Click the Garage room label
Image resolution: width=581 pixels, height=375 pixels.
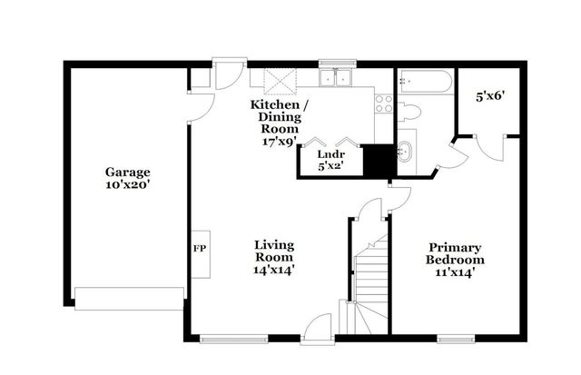tap(126, 172)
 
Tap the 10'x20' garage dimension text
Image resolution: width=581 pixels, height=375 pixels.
tap(126, 183)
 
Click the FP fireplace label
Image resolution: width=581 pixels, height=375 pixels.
tap(199, 247)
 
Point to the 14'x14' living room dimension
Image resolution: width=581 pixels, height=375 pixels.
tap(273, 269)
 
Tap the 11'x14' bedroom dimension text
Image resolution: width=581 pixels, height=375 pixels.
tap(455, 271)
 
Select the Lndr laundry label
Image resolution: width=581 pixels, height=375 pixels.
tap(327, 153)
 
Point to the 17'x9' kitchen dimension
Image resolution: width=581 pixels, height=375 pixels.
tap(281, 142)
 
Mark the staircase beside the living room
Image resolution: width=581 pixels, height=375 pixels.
tap(369, 281)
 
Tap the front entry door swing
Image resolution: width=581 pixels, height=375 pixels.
tap(318, 327)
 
